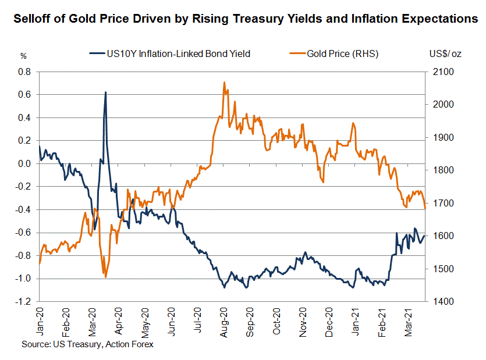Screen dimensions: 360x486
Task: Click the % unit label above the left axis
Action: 24,56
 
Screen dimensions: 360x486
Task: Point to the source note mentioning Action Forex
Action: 88,345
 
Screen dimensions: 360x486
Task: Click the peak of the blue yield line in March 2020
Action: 105,92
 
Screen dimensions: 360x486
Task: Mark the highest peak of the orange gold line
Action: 224,83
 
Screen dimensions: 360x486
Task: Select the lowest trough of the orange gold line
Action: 105,277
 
